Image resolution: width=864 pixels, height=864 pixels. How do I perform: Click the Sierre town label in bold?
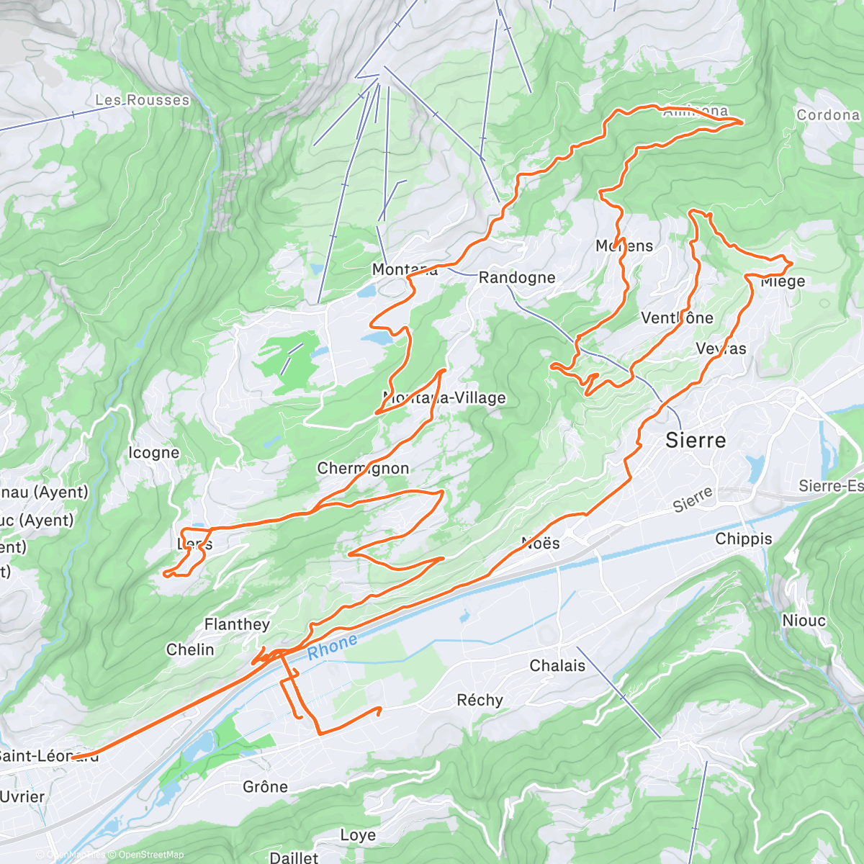(696, 440)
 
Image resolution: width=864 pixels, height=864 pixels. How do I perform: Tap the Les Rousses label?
(143, 100)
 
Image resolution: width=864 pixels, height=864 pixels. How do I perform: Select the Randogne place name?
(517, 277)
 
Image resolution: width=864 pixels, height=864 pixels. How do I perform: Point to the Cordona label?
(828, 114)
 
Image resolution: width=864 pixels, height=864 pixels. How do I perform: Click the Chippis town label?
(744, 539)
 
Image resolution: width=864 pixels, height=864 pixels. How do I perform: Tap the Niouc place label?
(804, 621)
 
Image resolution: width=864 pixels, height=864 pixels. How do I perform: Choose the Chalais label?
(557, 665)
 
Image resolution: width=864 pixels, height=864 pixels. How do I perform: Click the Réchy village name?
(480, 700)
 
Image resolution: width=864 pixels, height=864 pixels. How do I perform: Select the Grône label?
(266, 786)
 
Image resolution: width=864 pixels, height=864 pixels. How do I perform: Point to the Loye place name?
(358, 834)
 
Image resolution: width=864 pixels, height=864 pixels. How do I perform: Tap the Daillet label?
(294, 857)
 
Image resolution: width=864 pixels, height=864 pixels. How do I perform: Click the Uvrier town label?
(22, 796)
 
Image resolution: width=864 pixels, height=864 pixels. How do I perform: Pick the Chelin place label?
(190, 649)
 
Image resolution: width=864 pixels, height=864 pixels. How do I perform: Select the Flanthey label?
(237, 624)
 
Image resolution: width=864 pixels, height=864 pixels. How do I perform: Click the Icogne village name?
(153, 452)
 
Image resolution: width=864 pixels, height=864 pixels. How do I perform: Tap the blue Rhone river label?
(332, 647)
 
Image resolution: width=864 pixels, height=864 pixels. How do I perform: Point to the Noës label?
(540, 543)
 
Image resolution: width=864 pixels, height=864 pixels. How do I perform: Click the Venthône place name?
(677, 318)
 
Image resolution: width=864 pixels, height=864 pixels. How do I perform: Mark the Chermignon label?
(363, 468)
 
